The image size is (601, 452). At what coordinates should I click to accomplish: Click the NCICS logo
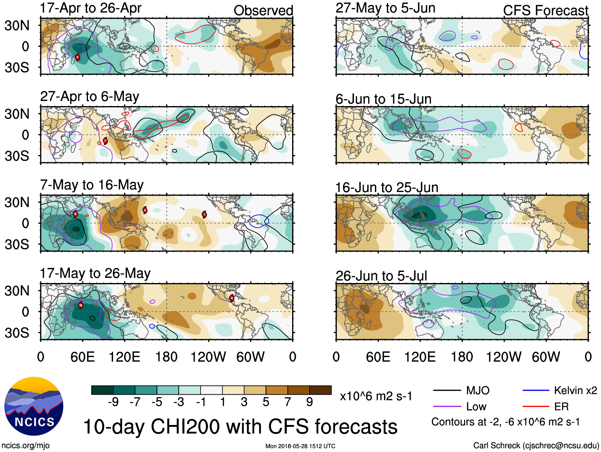click(34, 406)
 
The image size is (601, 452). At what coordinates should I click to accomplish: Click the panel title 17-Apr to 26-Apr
click(90, 8)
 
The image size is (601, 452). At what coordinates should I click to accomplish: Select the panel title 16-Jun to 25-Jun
click(386, 187)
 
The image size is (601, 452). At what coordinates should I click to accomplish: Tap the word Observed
click(263, 11)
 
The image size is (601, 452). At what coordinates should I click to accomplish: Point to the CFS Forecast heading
click(545, 11)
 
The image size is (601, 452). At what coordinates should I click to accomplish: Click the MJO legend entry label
click(478, 390)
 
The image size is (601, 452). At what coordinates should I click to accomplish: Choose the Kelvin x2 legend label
click(575, 390)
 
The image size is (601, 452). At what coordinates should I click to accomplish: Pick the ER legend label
click(561, 407)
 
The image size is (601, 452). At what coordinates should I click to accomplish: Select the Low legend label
click(476, 407)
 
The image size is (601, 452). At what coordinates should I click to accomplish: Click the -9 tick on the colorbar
click(113, 402)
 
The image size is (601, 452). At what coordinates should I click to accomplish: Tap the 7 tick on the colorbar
click(288, 402)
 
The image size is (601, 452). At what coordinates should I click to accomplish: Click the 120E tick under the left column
click(124, 357)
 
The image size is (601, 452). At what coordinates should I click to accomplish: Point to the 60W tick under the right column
click(546, 357)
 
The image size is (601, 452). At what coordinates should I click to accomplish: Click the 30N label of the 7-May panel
click(17, 202)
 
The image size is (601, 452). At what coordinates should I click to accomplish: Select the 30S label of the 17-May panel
click(17, 333)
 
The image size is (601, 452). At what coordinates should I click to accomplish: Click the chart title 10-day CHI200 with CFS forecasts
click(240, 427)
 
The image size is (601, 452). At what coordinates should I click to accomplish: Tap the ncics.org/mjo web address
click(25, 446)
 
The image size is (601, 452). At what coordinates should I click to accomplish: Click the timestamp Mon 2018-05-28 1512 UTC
click(300, 446)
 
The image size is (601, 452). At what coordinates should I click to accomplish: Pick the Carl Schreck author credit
click(536, 446)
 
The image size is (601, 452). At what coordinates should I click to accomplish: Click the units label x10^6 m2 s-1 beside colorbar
click(376, 396)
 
